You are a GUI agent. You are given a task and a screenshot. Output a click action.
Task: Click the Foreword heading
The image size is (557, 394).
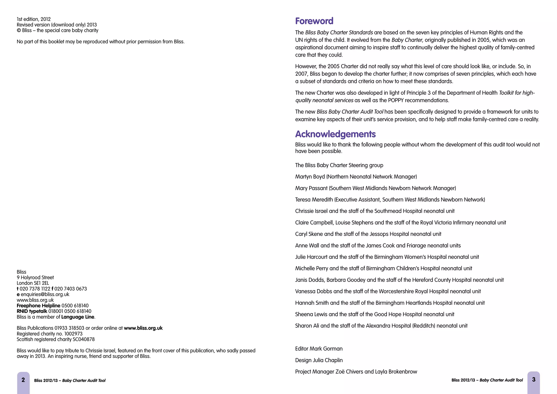pos(314,21)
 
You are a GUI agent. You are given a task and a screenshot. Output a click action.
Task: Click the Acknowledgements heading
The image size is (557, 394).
pos(335,134)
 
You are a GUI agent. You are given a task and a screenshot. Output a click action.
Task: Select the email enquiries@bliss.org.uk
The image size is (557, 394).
pos(45,294)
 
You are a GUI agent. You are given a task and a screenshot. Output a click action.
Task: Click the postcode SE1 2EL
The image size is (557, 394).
pos(41,283)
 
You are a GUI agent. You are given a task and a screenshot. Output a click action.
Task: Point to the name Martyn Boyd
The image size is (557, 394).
pos(310,177)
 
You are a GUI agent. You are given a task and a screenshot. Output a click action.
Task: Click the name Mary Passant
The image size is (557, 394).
pos(311,188)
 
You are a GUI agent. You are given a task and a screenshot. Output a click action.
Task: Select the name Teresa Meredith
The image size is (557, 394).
pos(314,200)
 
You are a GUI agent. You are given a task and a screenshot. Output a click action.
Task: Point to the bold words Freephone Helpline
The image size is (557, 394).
pos(38,306)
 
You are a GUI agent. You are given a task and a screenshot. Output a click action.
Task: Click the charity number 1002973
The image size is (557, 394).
pos(73,334)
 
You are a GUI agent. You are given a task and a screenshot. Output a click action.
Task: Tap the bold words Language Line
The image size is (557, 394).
pos(78,317)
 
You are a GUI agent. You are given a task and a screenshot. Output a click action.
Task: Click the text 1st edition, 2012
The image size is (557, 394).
pos(34,19)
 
